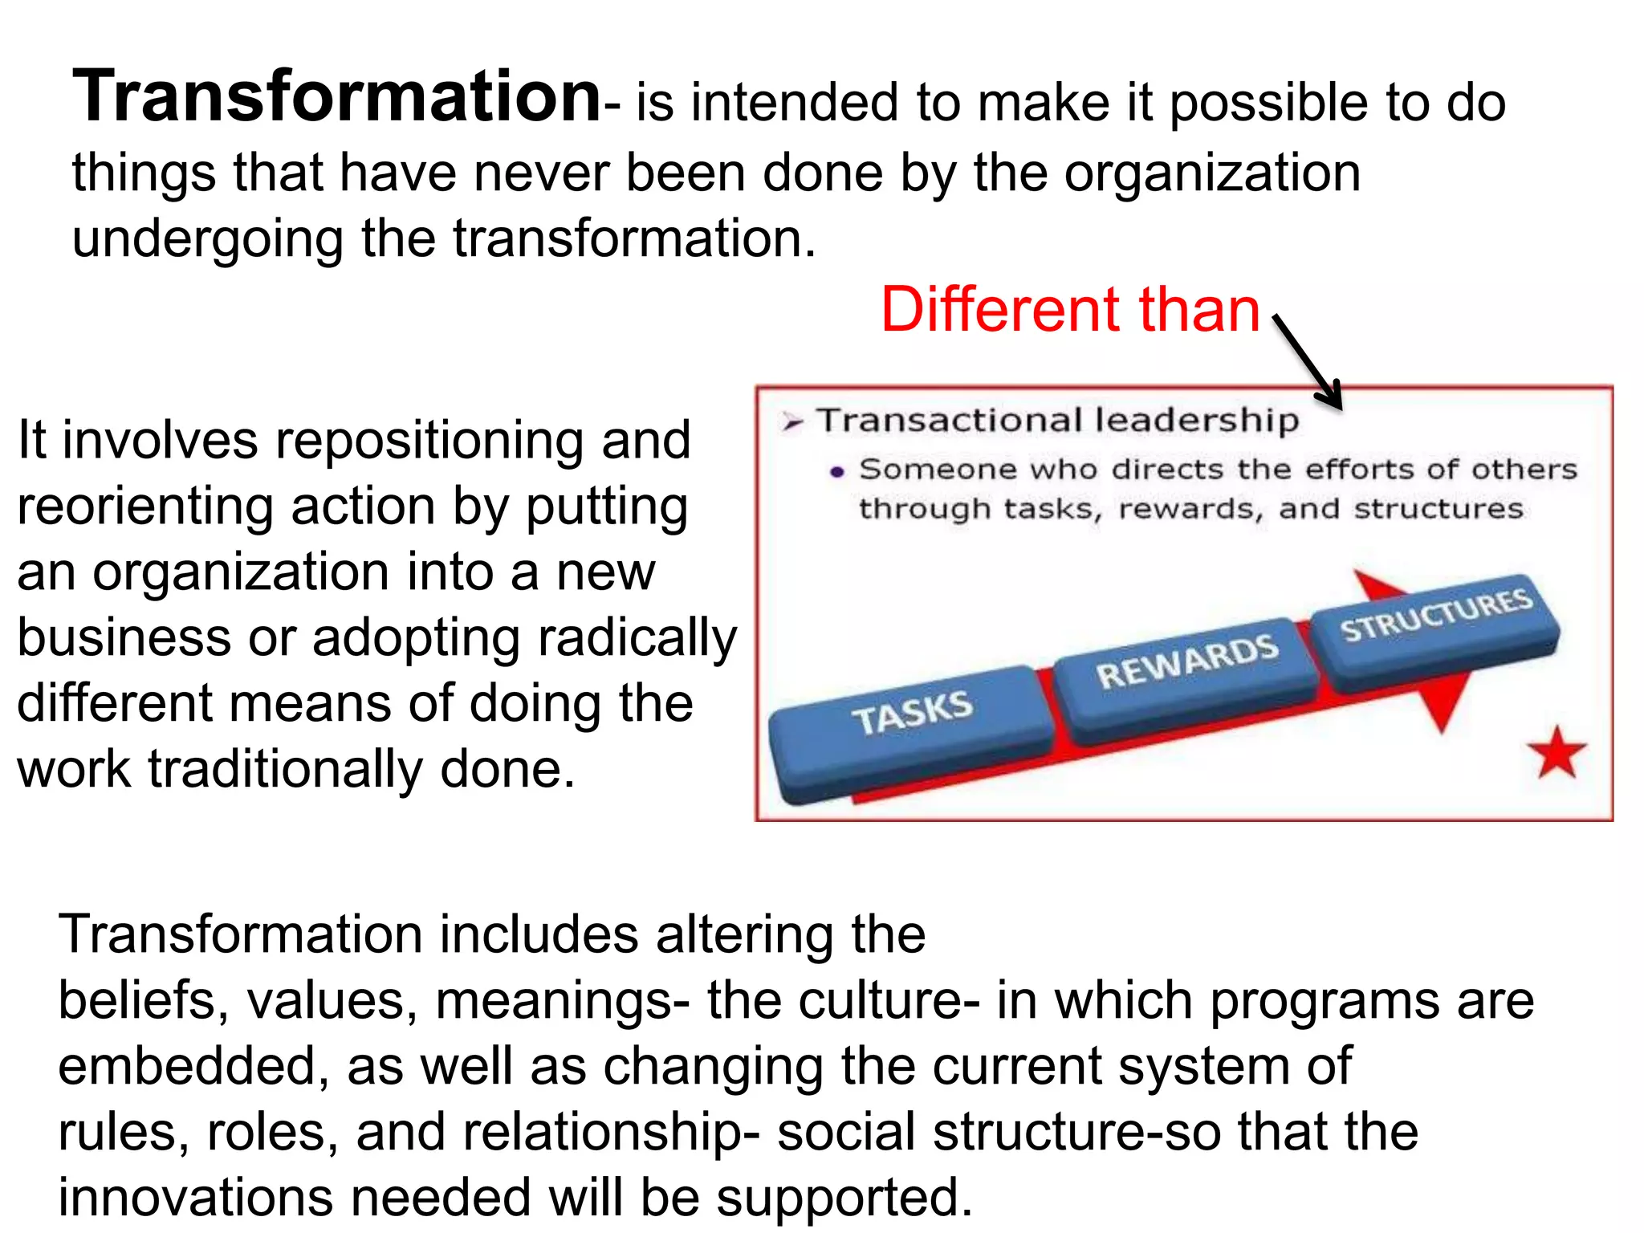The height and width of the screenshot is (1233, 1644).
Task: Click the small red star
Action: (1557, 753)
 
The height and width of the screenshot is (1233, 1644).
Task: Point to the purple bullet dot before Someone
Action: (837, 472)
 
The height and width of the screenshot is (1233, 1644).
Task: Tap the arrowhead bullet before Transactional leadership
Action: (792, 422)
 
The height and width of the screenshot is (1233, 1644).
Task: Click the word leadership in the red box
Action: (1196, 420)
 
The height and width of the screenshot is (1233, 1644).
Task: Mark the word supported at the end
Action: (843, 1198)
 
